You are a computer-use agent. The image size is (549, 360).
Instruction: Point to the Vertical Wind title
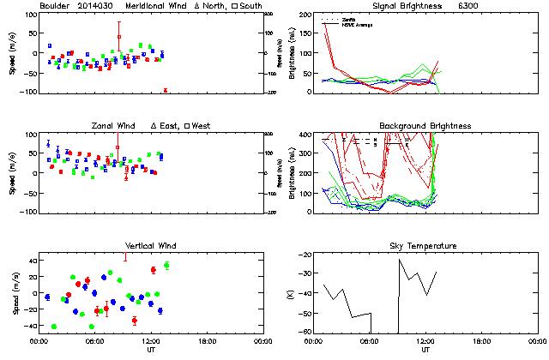pos(151,246)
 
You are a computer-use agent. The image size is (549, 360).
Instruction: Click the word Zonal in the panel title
pos(106,126)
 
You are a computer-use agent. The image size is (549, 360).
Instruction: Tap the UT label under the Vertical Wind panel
pos(151,350)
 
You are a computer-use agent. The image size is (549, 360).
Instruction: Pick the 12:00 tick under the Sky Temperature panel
pos(425,340)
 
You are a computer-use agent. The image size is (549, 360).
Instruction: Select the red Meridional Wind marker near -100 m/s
pos(165,90)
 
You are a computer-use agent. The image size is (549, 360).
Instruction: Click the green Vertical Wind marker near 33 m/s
pos(166,266)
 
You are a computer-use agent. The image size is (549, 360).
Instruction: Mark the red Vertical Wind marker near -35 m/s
pos(135,321)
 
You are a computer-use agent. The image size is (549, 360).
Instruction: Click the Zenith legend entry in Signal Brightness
pos(347,18)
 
